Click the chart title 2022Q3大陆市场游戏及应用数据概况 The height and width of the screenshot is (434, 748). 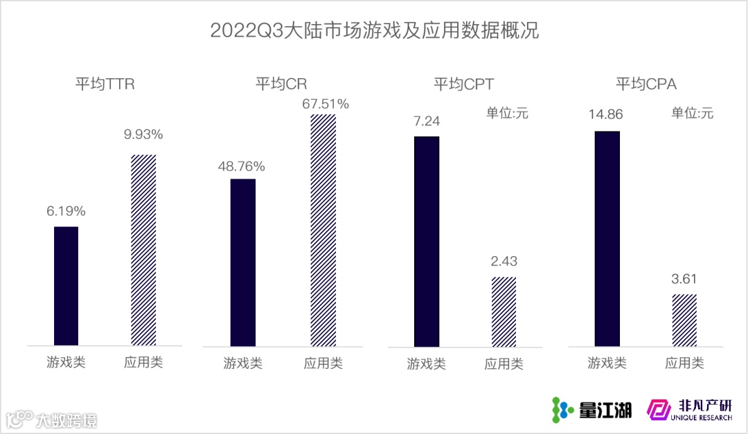tap(374, 32)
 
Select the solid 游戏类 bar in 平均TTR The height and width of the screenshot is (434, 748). tap(66, 285)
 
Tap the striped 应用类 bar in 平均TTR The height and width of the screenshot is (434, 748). tap(143, 249)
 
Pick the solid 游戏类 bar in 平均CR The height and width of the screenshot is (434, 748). tap(242, 262)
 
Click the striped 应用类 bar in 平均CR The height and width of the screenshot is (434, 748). tap(323, 230)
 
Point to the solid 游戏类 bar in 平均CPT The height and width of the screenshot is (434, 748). tap(427, 241)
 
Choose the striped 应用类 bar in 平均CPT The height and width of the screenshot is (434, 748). tap(504, 311)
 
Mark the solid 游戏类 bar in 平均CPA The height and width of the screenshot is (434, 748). tap(607, 238)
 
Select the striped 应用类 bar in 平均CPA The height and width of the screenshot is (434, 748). tap(684, 319)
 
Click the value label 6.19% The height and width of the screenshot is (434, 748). tap(66, 211)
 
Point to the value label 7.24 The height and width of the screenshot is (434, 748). tap(427, 121)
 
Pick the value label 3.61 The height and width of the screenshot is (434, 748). tap(684, 279)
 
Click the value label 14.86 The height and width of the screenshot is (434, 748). tap(607, 116)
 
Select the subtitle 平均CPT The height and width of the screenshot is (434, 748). tap(464, 85)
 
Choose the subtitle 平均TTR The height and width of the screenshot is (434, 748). tap(105, 84)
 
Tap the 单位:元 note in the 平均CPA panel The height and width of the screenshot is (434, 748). tap(692, 113)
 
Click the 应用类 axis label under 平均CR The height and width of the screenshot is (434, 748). tap(323, 363)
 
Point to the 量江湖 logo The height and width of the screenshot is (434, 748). tap(591, 410)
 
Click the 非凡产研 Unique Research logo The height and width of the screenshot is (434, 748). tap(689, 410)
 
